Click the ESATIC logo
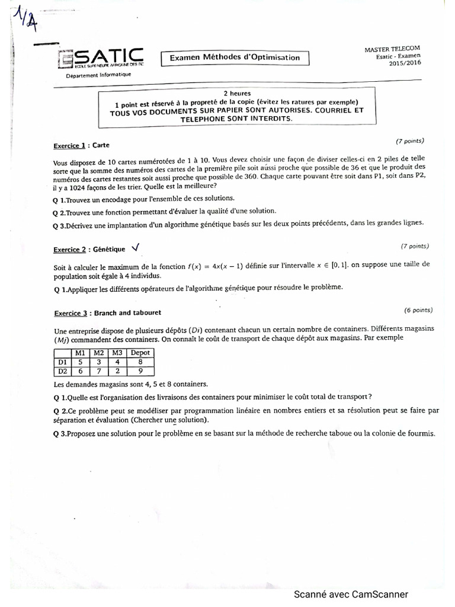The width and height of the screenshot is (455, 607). point(100,59)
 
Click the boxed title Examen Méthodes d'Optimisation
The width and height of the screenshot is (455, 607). point(235,57)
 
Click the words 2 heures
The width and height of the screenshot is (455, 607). point(236,94)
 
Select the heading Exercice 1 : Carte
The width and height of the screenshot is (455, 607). point(81,145)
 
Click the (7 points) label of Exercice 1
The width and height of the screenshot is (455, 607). point(409,141)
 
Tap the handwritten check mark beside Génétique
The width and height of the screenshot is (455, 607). point(137,247)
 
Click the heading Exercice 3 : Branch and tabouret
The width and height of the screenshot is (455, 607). point(107,312)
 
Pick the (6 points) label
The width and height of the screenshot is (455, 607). point(418,309)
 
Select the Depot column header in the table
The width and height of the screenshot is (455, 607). point(140,352)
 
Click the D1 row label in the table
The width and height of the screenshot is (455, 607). point(61,362)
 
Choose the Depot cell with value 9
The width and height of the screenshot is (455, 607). point(140,372)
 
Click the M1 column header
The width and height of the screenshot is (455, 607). point(80,352)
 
